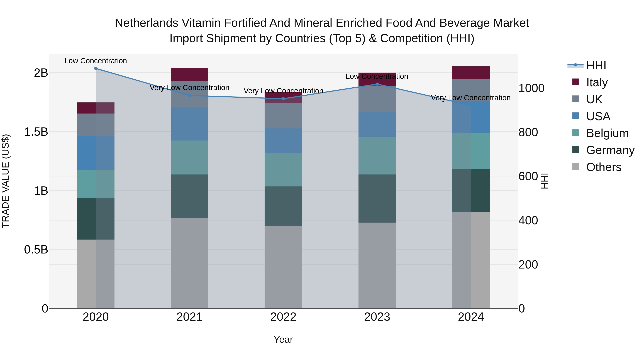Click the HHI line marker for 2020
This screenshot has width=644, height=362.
click(96, 68)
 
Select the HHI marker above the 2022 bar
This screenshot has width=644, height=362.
click(283, 99)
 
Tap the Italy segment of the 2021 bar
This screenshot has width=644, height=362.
click(189, 75)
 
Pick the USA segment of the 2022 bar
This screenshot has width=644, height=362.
click(283, 141)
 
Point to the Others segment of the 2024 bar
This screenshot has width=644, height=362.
click(471, 260)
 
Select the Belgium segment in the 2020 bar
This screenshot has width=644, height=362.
click(96, 184)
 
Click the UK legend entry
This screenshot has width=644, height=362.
click(594, 99)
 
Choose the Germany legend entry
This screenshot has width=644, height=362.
click(610, 150)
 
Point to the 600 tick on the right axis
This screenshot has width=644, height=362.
click(528, 176)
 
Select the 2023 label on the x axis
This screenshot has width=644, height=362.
click(377, 317)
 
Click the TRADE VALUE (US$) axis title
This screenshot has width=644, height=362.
click(6, 181)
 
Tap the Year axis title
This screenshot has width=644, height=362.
click(283, 339)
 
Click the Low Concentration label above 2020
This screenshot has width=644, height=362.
click(96, 61)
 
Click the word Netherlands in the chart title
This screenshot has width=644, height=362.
click(146, 23)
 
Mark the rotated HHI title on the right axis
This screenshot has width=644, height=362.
click(544, 181)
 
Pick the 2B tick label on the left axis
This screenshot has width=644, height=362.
click(41, 73)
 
